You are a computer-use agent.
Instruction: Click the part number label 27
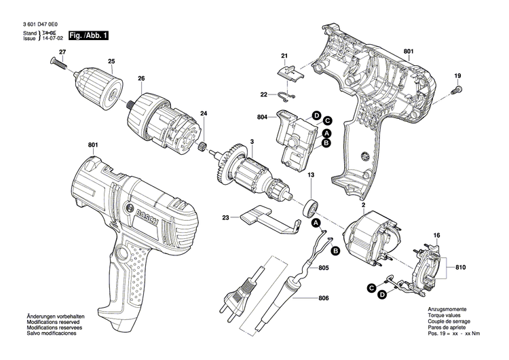tap(62, 52)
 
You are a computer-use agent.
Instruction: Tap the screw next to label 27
tap(58, 65)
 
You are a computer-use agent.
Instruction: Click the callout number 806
tap(322, 298)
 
